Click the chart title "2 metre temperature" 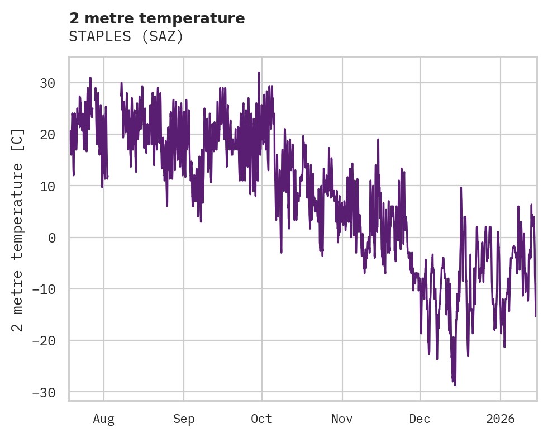157,18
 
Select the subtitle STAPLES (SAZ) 126,37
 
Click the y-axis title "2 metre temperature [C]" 18,230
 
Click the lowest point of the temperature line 455,385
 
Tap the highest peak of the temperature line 259,72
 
